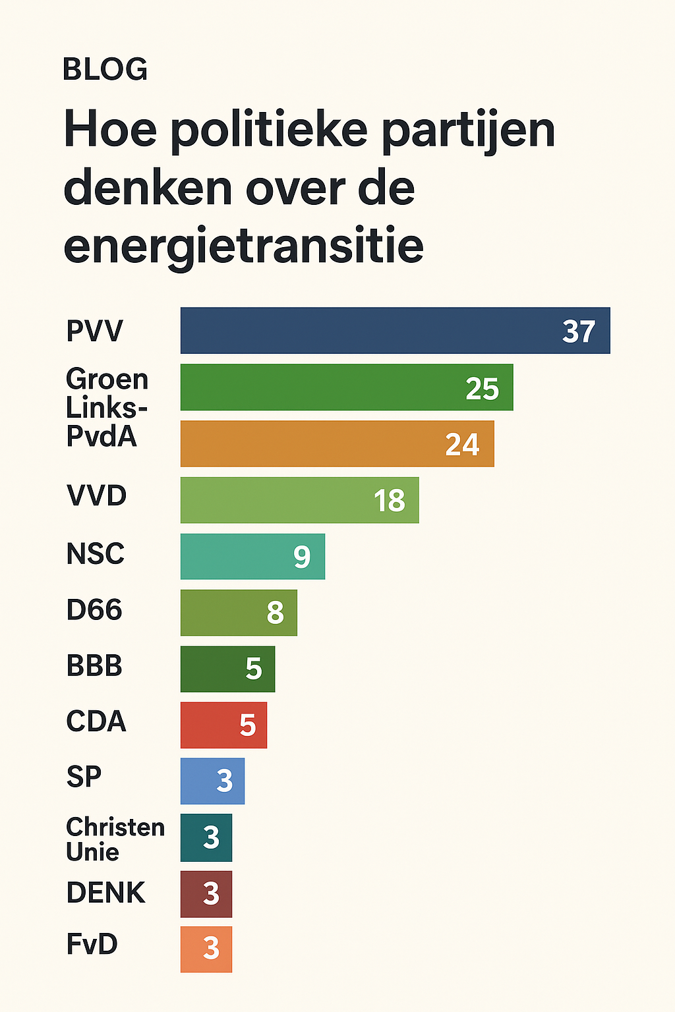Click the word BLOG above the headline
click(x=105, y=69)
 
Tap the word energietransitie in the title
click(x=243, y=246)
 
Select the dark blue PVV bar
click(x=395, y=331)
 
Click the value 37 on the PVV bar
click(x=579, y=331)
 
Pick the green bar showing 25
click(x=346, y=387)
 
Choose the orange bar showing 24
click(x=337, y=443)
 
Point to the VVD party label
click(x=96, y=495)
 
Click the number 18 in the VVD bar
click(x=389, y=501)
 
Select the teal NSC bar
click(x=252, y=557)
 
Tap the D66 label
click(x=94, y=610)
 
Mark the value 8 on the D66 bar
click(x=275, y=613)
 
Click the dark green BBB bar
click(x=227, y=669)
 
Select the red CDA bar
click(x=223, y=725)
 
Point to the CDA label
click(x=96, y=721)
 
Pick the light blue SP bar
click(x=212, y=781)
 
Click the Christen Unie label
click(x=115, y=839)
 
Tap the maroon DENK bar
click(x=206, y=894)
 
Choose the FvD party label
click(x=92, y=944)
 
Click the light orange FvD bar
click(x=206, y=949)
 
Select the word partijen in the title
click(x=468, y=130)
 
